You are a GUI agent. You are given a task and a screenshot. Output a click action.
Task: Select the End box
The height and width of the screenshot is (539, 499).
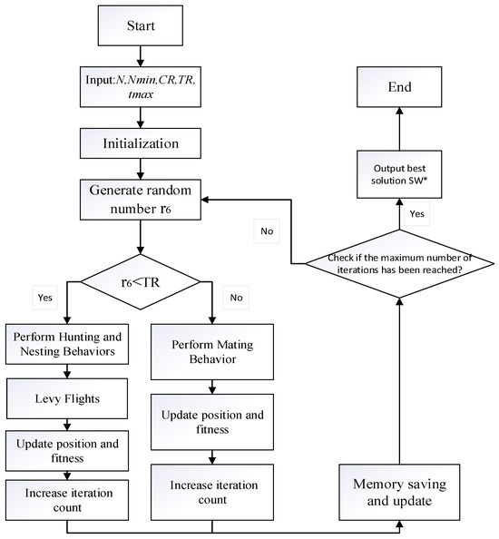pyautogui.click(x=393, y=87)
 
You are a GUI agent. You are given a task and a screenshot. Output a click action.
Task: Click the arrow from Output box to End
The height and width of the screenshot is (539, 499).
pyautogui.click(x=393, y=131)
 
